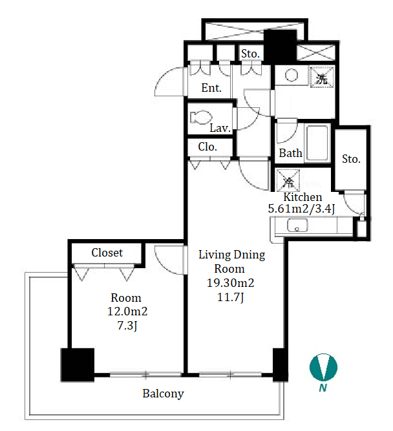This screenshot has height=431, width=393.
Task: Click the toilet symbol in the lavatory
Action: click(x=201, y=117)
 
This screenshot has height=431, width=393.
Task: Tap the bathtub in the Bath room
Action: click(x=317, y=143)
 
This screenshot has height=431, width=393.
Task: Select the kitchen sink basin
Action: click(x=297, y=225)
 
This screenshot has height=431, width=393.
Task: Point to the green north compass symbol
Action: click(x=323, y=367)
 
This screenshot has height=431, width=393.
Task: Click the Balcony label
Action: click(x=163, y=394)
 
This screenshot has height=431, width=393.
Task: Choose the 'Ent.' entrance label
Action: click(x=211, y=88)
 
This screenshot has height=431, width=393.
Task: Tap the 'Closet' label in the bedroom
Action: click(x=107, y=253)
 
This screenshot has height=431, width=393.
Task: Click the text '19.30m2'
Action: click(x=230, y=283)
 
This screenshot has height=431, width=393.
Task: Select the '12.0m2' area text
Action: click(x=127, y=311)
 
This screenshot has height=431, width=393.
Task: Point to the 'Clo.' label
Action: click(x=207, y=147)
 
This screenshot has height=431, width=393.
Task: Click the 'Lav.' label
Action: click(x=220, y=128)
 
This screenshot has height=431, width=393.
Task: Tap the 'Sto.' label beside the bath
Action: click(x=351, y=159)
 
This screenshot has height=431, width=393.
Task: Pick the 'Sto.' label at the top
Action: click(x=250, y=54)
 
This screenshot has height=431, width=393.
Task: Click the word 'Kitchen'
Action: click(x=303, y=197)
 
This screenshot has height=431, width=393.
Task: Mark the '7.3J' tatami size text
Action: click(x=127, y=326)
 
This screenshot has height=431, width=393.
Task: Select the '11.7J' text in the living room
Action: click(x=230, y=297)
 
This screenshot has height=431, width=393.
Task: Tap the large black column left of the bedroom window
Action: click(x=78, y=365)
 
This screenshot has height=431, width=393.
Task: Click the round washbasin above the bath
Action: click(x=292, y=75)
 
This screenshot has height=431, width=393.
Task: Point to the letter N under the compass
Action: click(x=323, y=388)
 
